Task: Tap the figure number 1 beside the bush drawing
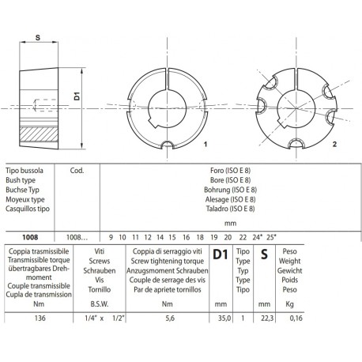tap(205, 145)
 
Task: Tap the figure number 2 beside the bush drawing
tap(334, 145)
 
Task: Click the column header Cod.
tap(78, 169)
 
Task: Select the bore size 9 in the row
tap(111, 236)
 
